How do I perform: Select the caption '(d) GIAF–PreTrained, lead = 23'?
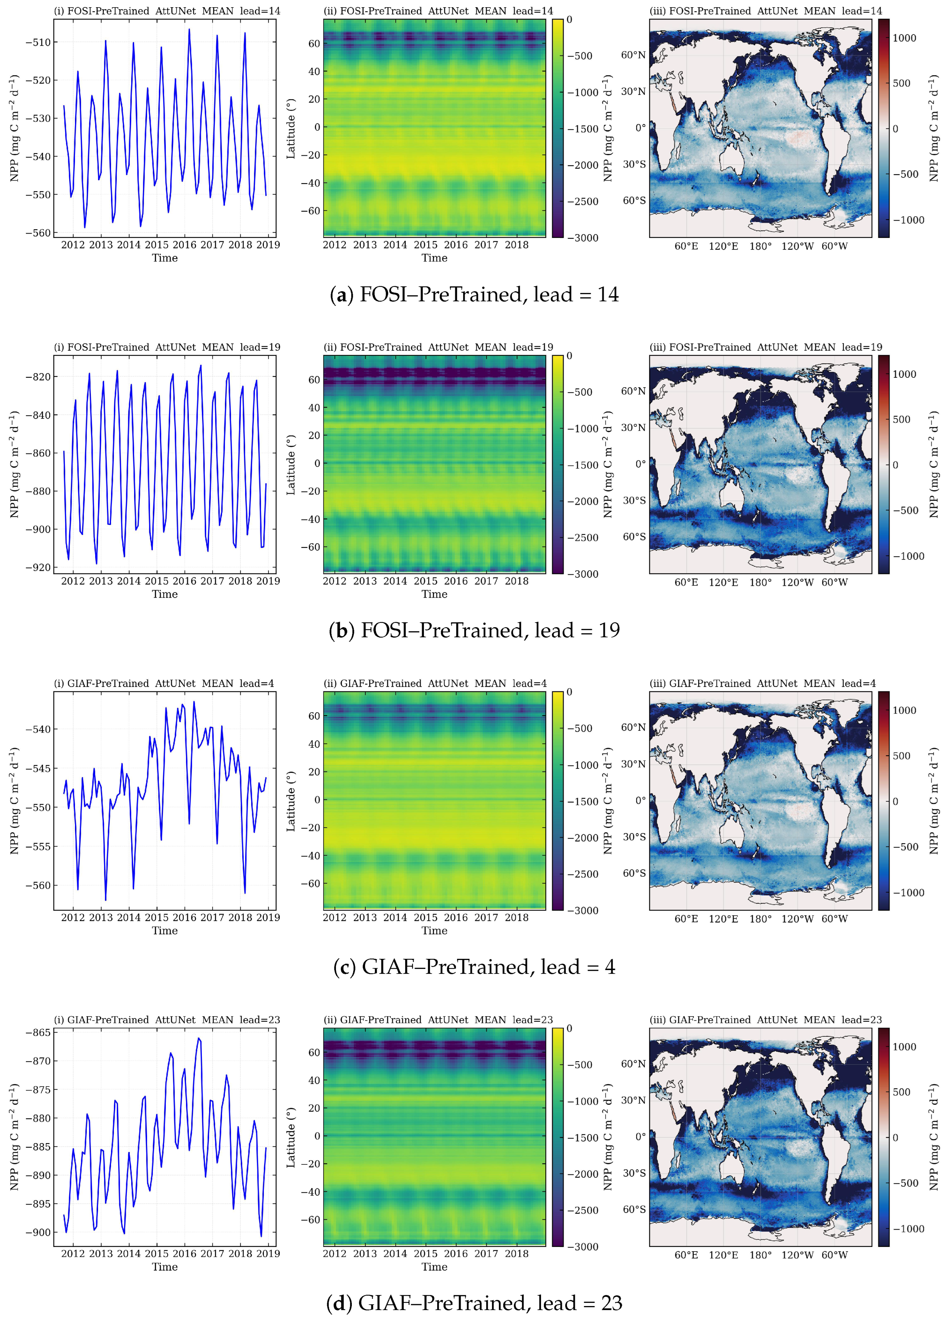tap(474, 1303)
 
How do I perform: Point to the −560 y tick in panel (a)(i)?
tap(38, 233)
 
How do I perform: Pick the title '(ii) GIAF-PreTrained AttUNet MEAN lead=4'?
tap(434, 683)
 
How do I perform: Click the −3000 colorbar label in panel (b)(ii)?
tap(583, 574)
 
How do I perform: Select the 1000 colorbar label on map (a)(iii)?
tap(904, 38)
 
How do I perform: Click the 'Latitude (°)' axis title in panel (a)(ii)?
tap(291, 128)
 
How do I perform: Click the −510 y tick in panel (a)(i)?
tap(38, 42)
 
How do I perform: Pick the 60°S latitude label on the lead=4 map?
tap(634, 873)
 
